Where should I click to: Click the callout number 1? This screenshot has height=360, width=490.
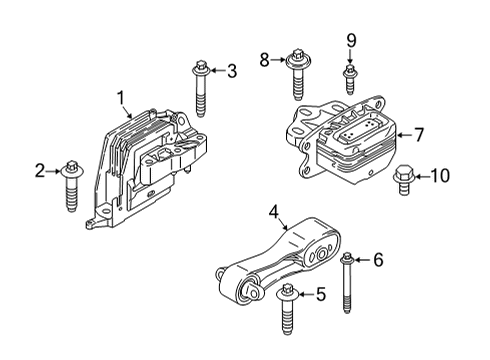tap(121, 98)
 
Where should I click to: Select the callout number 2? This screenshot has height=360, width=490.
tap(40, 172)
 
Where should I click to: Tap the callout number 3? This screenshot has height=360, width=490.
tap(231, 70)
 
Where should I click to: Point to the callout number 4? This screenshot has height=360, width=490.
tap(273, 211)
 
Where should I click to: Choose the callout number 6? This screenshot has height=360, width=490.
tap(377, 260)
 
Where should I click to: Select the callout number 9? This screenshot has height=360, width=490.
tap(351, 40)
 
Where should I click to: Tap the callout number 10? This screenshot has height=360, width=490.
tap(439, 176)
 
